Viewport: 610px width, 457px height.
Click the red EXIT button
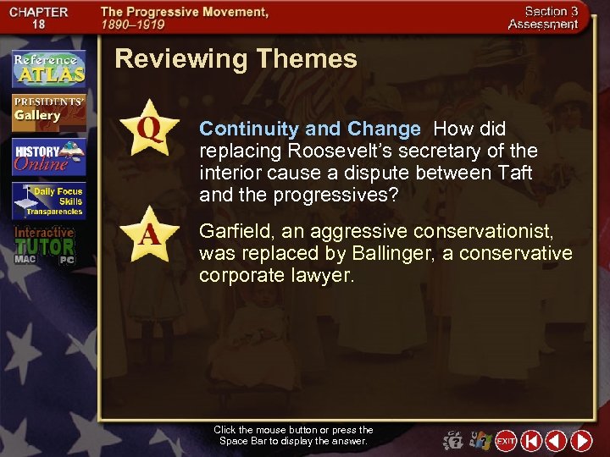click(506, 441)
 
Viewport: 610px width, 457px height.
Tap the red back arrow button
click(556, 441)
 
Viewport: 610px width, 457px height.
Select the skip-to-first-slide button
click(531, 441)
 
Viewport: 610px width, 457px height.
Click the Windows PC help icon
click(480, 441)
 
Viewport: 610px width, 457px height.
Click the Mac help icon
click(454, 441)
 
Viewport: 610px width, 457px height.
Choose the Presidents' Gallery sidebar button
click(48, 111)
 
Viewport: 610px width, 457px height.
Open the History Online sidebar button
click(48, 156)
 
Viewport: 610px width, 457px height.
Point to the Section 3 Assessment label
click(542, 19)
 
